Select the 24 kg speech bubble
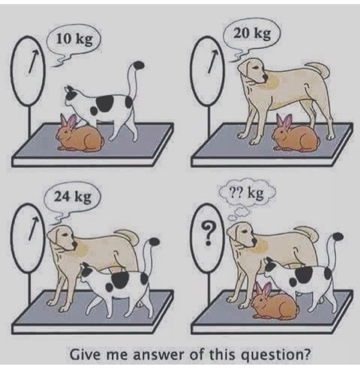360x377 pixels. click(72, 199)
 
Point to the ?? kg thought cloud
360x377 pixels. click(247, 194)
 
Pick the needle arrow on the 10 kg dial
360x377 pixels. click(33, 61)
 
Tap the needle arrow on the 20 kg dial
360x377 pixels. click(213, 61)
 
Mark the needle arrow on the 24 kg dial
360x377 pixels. click(33, 228)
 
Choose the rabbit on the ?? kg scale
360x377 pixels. click(275, 302)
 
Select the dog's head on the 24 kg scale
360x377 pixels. click(62, 238)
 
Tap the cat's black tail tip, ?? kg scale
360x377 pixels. click(338, 236)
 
